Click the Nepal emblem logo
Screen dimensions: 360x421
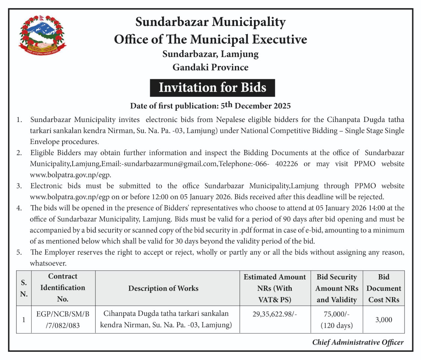click(42, 35)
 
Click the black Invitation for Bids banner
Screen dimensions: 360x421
click(212, 88)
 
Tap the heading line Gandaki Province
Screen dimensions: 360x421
click(210, 67)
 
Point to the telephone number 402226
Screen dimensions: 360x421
click(286, 164)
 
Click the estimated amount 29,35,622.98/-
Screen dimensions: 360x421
click(275, 314)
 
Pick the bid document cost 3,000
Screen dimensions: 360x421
click(384, 320)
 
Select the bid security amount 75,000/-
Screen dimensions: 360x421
click(336, 314)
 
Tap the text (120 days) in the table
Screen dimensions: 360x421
click(336, 325)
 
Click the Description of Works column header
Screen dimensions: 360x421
click(163, 288)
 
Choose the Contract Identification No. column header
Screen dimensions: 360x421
click(62, 288)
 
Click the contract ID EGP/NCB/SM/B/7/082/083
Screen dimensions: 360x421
click(62, 320)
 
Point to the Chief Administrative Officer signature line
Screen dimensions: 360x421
click(358, 342)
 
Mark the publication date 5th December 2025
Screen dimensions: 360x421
click(256, 106)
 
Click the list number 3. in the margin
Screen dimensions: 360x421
click(19, 186)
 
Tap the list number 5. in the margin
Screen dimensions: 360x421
click(19, 252)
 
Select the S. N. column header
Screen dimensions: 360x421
click(24, 288)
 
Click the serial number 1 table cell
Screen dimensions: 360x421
click(24, 320)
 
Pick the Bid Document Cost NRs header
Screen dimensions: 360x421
click(384, 288)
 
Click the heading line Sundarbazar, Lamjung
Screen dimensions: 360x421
click(210, 54)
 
